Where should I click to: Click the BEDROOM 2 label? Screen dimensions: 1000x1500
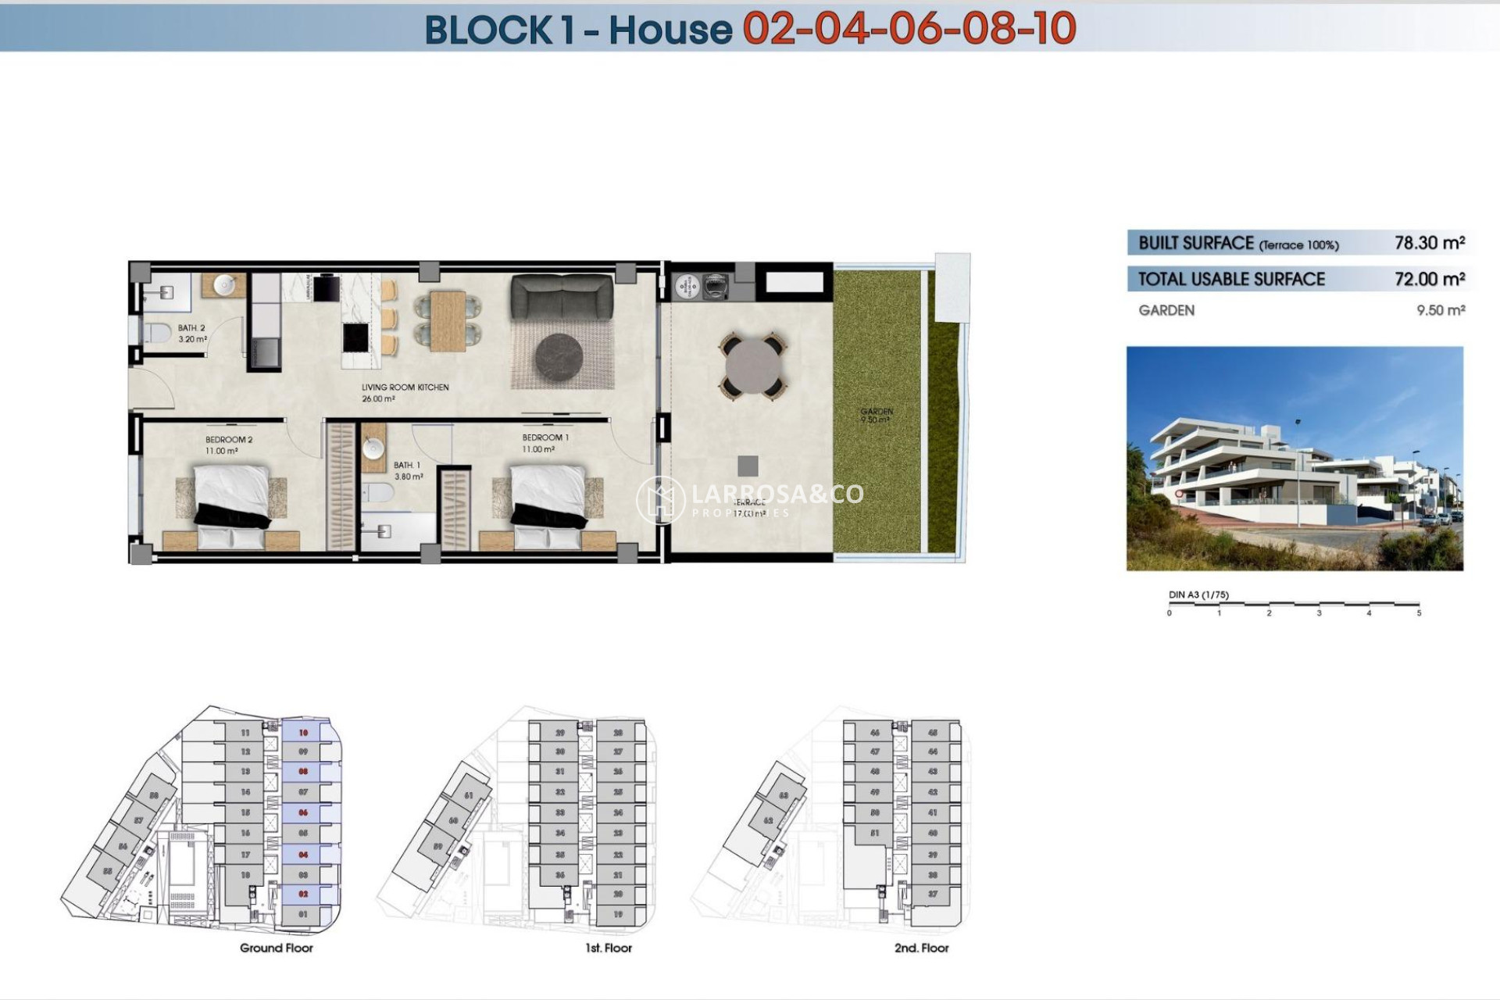pos(228,440)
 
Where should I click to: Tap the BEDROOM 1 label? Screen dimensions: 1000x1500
pos(545,437)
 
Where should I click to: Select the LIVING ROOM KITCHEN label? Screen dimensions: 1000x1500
pos(405,387)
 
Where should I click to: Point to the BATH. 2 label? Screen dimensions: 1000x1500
pos(191,328)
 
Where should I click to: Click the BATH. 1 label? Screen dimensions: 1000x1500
pos(407,466)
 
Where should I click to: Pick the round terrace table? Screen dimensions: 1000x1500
pos(753,366)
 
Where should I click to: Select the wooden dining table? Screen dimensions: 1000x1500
pos(448,320)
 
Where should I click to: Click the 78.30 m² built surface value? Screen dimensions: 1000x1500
pos(1429,243)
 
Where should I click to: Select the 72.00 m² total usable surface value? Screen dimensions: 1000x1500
pos(1429,279)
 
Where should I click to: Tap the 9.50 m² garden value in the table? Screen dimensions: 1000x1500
pos(1440,310)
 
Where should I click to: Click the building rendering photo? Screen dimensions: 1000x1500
pos(1294,459)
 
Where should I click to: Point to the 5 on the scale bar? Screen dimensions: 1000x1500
pos(1419,613)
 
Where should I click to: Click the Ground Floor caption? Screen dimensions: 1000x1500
pos(276,948)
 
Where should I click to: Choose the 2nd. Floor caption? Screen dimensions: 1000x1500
pos(921,948)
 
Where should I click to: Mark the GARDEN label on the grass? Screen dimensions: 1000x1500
pos(877,412)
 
